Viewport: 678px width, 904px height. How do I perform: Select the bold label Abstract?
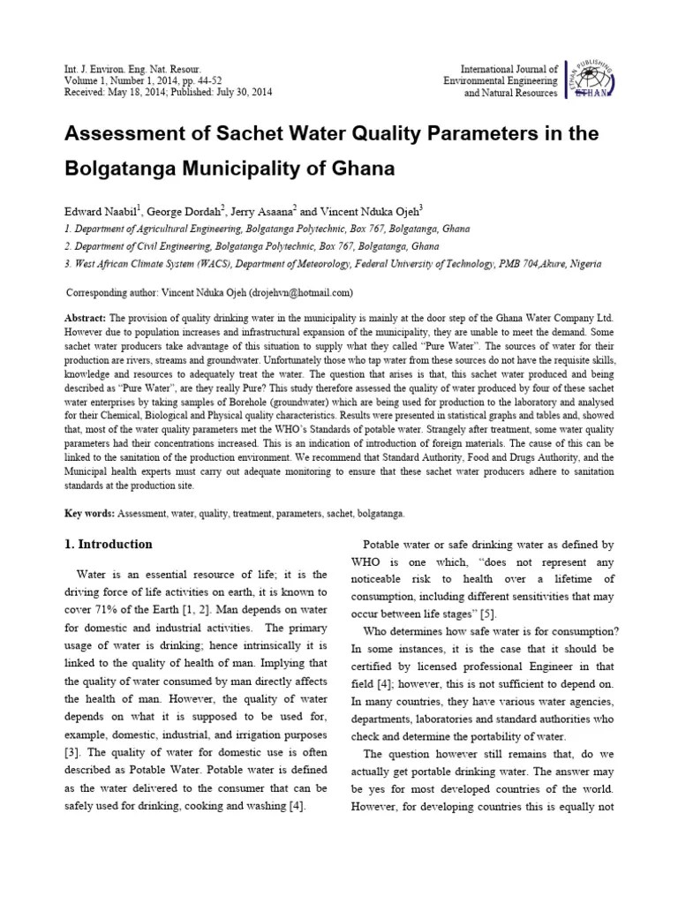click(86, 317)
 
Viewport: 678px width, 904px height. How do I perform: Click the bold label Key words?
click(89, 513)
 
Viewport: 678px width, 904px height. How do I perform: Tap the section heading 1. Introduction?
click(109, 545)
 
